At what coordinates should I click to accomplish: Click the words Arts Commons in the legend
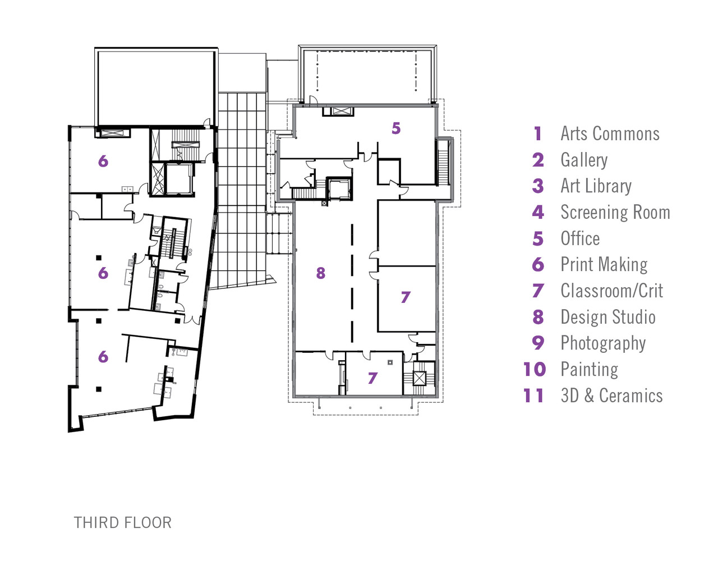[610, 134]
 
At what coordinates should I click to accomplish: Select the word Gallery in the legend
[584, 160]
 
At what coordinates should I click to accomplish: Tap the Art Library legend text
[596, 186]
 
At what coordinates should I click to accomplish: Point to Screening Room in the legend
[615, 212]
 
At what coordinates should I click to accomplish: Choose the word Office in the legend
[580, 238]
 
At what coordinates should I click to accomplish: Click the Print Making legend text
[604, 264]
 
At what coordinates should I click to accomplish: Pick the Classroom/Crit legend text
[611, 291]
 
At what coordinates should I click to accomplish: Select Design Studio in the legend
[608, 317]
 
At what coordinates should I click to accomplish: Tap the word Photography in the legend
[603, 343]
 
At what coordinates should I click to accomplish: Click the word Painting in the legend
[589, 369]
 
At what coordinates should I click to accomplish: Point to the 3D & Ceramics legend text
[611, 396]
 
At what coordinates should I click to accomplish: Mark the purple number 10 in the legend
[535, 369]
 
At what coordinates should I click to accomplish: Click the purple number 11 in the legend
[533, 396]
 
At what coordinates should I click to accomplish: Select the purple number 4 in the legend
[538, 212]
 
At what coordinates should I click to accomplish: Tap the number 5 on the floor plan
[396, 128]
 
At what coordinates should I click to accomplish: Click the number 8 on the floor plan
[320, 273]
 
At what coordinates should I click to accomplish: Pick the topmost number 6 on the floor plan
[103, 162]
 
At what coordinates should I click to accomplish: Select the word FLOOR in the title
[148, 523]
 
